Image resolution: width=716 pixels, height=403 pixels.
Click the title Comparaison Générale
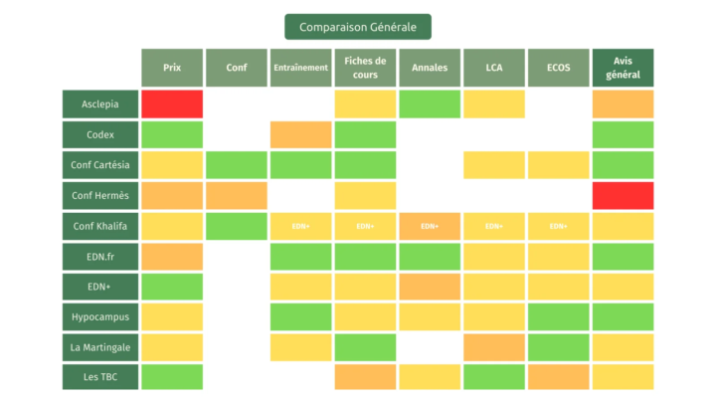point(358,27)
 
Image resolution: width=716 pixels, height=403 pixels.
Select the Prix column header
point(172,68)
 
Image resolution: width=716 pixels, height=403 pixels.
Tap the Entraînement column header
point(300,68)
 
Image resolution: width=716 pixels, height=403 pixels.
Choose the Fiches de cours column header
point(365,68)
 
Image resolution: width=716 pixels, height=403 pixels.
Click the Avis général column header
point(623,68)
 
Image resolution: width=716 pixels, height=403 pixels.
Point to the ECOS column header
point(558,68)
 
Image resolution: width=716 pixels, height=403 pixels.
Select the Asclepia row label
point(98,103)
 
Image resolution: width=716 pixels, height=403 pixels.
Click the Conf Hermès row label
point(98,195)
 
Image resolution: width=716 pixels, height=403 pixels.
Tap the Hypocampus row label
point(98,316)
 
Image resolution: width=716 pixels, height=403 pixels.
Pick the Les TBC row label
point(98,377)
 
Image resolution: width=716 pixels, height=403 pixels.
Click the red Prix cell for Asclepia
point(172,103)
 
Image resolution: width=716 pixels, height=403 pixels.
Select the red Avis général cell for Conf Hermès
point(623,195)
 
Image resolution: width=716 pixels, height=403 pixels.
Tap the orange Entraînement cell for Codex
point(300,134)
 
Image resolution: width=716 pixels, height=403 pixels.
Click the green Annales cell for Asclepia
point(430,103)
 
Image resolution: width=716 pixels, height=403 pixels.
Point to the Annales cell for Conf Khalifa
point(430,226)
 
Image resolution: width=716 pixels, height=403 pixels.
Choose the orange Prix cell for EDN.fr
point(172,256)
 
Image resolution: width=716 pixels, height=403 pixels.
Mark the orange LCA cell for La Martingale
point(494,347)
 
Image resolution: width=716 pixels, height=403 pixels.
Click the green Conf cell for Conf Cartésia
point(237,164)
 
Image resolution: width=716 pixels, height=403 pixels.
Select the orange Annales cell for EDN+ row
point(430,287)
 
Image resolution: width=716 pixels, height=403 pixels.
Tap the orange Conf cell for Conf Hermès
point(237,195)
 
